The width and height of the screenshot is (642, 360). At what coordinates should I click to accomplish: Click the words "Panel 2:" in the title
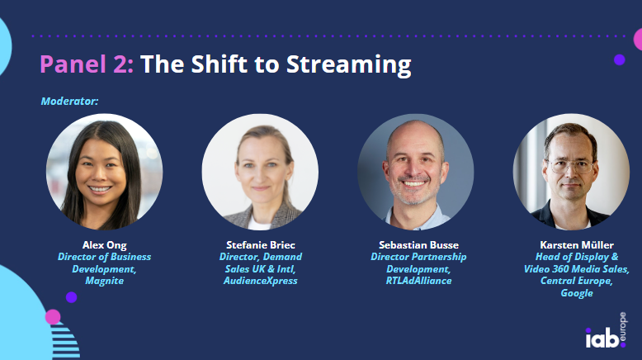[87, 64]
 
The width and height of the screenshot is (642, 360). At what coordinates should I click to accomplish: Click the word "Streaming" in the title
[348, 65]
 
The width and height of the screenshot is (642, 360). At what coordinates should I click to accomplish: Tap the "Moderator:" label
[69, 101]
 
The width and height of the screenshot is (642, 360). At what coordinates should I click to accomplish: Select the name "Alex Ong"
[105, 245]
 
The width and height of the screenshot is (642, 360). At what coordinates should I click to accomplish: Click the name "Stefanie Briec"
[261, 245]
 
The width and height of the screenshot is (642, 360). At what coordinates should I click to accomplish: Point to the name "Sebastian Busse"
[418, 245]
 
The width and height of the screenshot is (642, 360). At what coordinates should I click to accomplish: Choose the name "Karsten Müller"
[577, 245]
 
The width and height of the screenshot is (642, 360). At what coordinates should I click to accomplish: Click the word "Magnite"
[105, 281]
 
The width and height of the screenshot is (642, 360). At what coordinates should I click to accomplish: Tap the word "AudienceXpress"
[261, 281]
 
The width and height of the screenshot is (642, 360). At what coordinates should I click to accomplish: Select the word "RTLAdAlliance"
[418, 281]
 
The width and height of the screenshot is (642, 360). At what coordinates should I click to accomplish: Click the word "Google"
[577, 293]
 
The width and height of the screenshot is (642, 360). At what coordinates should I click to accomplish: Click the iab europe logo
[606, 331]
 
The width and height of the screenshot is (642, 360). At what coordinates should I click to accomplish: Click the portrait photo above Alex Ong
[105, 172]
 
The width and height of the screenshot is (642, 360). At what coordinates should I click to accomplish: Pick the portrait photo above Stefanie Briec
[260, 172]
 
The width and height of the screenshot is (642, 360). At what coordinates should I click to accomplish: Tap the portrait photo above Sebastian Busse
[416, 172]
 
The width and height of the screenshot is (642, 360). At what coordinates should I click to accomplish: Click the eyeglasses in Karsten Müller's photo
[571, 167]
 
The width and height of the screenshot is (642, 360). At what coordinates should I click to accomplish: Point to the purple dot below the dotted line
[620, 59]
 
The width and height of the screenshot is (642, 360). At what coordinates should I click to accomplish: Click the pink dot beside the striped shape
[53, 317]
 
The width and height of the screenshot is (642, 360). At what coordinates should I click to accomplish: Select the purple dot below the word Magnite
[71, 297]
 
